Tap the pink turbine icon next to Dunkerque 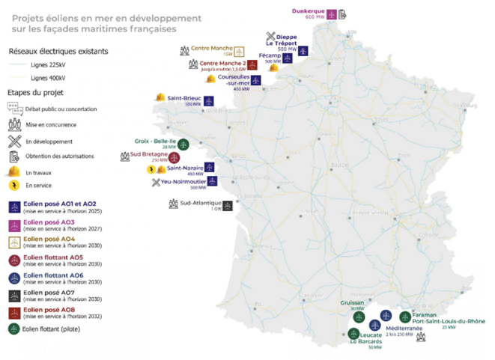point(332,14)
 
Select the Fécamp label point(270,56)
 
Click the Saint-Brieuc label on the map point(184,98)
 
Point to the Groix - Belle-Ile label point(155,140)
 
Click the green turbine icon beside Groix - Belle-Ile point(183,144)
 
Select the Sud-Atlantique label point(201,202)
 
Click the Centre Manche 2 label point(222,64)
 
